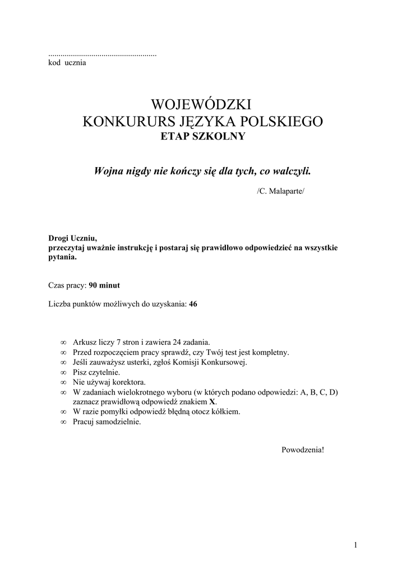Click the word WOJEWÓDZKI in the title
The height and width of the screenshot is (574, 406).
pyautogui.click(x=202, y=104)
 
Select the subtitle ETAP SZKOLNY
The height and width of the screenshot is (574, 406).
pyautogui.click(x=202, y=136)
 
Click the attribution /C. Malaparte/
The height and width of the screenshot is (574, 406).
pyautogui.click(x=282, y=191)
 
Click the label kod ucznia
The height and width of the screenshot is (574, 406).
pyautogui.click(x=67, y=63)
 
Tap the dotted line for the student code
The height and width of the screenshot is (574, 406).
pyautogui.click(x=103, y=55)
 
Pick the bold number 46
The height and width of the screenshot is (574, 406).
pyautogui.click(x=193, y=304)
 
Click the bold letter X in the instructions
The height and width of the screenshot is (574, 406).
pyautogui.click(x=213, y=402)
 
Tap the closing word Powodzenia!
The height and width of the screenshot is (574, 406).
pyautogui.click(x=302, y=450)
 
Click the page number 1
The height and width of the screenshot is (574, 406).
pyautogui.click(x=356, y=544)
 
